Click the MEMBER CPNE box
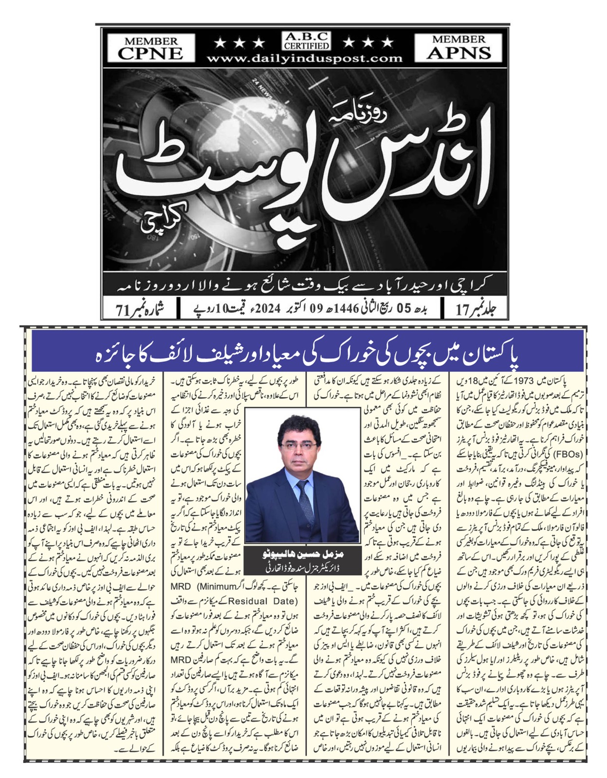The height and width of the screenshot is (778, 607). [x=150, y=48]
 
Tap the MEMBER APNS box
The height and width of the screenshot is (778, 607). [x=459, y=47]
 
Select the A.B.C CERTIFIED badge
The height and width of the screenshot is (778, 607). [x=307, y=41]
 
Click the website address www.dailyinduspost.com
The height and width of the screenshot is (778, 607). [x=305, y=59]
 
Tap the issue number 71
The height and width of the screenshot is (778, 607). [x=125, y=309]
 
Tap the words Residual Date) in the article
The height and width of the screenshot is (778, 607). [x=262, y=601]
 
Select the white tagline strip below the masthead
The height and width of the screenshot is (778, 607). [x=307, y=285]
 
